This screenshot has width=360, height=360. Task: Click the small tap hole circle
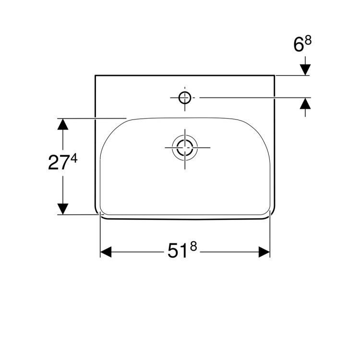185,97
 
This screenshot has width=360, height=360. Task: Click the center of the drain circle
185,147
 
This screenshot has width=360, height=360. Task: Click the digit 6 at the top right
299,46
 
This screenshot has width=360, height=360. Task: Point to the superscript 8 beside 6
308,41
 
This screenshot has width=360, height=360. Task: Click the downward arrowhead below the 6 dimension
305,70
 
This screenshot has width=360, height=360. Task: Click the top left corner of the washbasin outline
95,75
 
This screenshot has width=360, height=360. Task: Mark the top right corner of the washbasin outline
275,75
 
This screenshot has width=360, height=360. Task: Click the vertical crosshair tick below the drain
185,165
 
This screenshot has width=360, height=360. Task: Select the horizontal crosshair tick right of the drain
204,147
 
